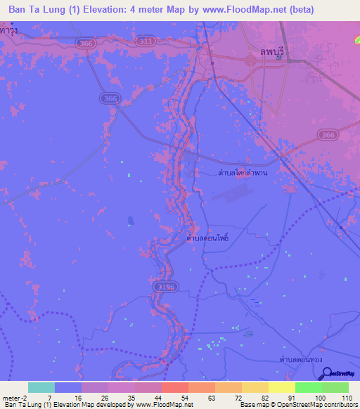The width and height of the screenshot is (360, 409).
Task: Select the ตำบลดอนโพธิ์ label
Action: pyautogui.click(x=208, y=238)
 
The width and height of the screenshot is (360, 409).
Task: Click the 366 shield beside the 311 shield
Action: pyautogui.click(x=86, y=43)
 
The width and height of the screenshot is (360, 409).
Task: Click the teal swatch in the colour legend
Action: pyautogui.click(x=41, y=387)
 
